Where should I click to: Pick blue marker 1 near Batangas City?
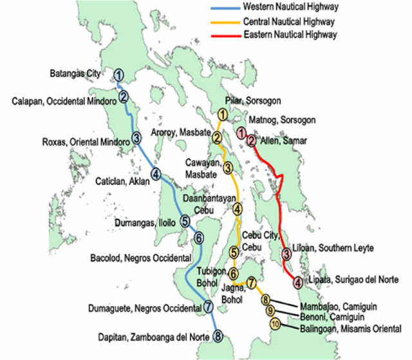coord(119,75)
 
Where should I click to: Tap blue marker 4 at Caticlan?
coord(155,174)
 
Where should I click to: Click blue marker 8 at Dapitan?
coord(218,336)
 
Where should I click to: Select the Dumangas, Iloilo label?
coord(145,223)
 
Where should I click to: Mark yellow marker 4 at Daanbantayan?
coord(237,208)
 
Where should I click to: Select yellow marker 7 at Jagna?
coord(252,282)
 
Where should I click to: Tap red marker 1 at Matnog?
coord(241,134)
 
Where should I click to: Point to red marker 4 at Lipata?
coord(297,281)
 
